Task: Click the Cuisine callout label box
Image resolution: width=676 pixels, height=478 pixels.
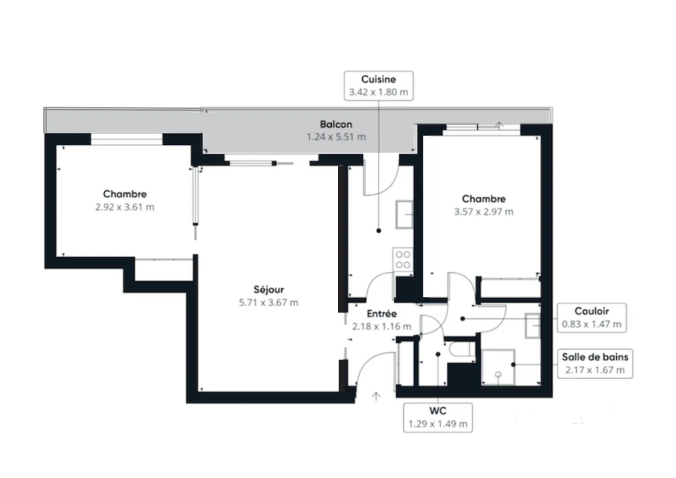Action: tap(379, 86)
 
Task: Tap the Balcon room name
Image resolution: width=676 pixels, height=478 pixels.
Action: tap(336, 125)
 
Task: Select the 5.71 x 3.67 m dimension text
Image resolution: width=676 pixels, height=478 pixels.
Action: tap(269, 303)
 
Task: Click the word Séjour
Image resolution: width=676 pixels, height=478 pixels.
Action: tap(269, 290)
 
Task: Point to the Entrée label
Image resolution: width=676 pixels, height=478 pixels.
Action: tap(381, 314)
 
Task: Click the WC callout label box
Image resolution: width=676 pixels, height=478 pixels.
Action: tap(437, 417)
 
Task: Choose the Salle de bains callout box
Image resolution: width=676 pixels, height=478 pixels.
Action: tap(594, 363)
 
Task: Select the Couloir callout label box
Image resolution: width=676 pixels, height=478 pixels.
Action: tap(591, 317)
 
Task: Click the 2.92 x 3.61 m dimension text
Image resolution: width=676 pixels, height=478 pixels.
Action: tap(124, 207)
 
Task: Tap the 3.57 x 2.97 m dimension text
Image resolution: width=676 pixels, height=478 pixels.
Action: tap(484, 212)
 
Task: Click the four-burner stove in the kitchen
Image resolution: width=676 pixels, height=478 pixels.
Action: tap(403, 260)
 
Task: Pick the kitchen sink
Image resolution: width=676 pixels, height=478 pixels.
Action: tap(404, 214)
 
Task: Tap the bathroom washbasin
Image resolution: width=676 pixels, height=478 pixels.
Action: tap(532, 326)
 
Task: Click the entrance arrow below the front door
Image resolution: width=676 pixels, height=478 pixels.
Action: tap(376, 396)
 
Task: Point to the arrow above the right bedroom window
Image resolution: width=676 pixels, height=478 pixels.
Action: tap(499, 124)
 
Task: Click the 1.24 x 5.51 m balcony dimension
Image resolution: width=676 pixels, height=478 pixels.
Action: tap(336, 137)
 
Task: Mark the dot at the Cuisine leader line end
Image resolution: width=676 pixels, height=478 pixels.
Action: tap(379, 230)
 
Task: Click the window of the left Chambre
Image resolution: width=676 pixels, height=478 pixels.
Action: tap(127, 139)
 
